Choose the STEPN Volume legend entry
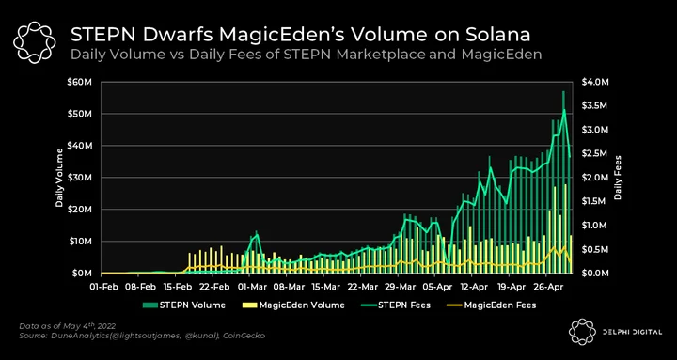tap(184, 305)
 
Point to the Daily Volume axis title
tap(59, 178)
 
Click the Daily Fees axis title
tap(618, 178)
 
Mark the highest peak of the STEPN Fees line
tap(564, 110)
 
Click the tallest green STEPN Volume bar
tap(563, 181)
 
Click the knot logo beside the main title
tap(35, 42)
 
